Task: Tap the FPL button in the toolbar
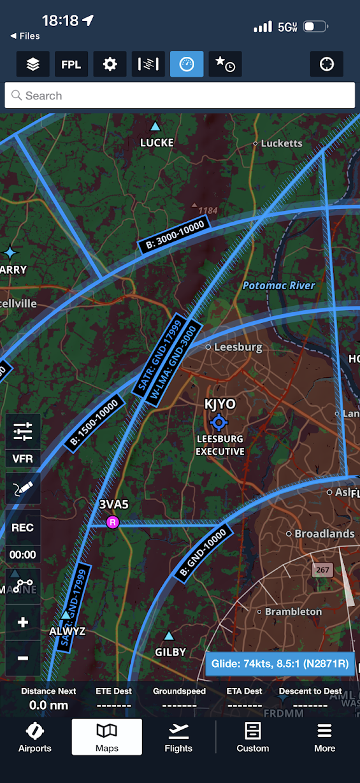coord(71,64)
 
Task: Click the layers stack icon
coord(32,64)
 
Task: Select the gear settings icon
coord(110,64)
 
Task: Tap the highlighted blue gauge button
coord(187,64)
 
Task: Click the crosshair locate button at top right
coord(326,64)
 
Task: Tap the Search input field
coord(180,96)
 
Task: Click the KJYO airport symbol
coord(219,422)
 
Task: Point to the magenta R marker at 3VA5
coord(113,522)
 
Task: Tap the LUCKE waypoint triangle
coord(155,126)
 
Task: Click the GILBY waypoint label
coord(170,652)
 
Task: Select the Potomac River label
coord(278,285)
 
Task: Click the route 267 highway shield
coord(323,570)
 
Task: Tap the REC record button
coord(23,528)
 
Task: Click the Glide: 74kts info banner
coord(280,663)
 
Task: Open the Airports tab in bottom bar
coord(35,737)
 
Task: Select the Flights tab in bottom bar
coord(178,737)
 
